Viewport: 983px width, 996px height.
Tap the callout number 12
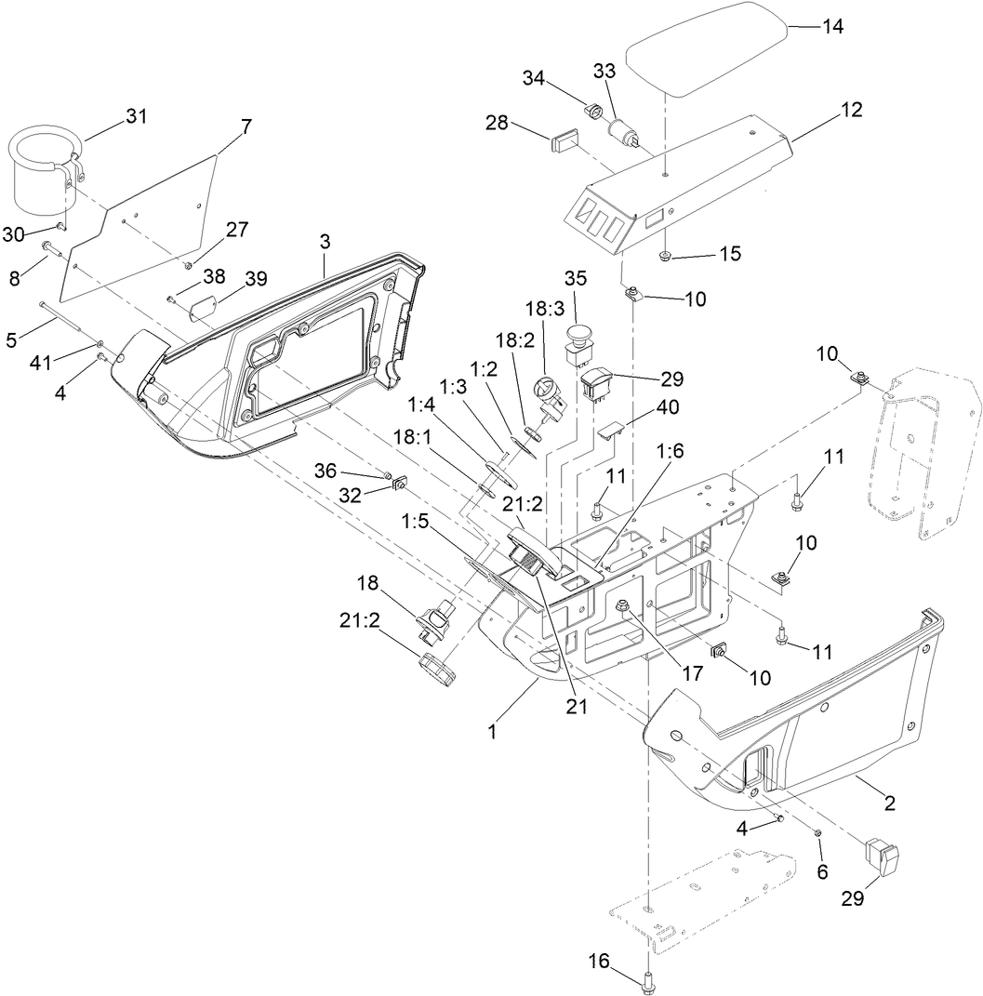(x=851, y=110)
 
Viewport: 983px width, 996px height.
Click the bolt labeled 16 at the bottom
(x=647, y=979)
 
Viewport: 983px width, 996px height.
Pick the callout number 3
(x=325, y=241)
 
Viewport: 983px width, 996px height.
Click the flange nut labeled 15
(x=665, y=256)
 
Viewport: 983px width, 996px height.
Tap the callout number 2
(x=889, y=804)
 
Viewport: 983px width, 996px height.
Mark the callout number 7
(x=246, y=126)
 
